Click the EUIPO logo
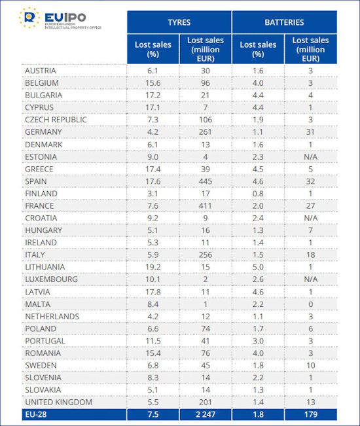(x=60, y=18)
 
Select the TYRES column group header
(x=179, y=22)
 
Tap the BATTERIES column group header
(x=284, y=22)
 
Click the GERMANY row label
(x=43, y=132)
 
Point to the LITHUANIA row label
(x=45, y=267)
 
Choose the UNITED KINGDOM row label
(x=59, y=402)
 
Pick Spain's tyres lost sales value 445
(x=206, y=181)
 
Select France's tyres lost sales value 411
(x=205, y=205)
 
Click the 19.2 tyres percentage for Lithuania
(x=153, y=267)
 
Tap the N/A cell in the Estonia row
(x=310, y=157)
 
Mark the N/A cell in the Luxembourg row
(x=310, y=279)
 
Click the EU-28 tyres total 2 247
(x=206, y=414)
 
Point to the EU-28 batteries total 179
(x=310, y=414)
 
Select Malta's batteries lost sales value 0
(x=310, y=304)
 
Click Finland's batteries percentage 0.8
(x=258, y=194)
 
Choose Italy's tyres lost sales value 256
(x=206, y=255)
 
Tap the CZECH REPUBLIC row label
(x=56, y=120)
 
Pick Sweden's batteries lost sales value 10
(x=310, y=365)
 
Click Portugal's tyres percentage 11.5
(x=153, y=341)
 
